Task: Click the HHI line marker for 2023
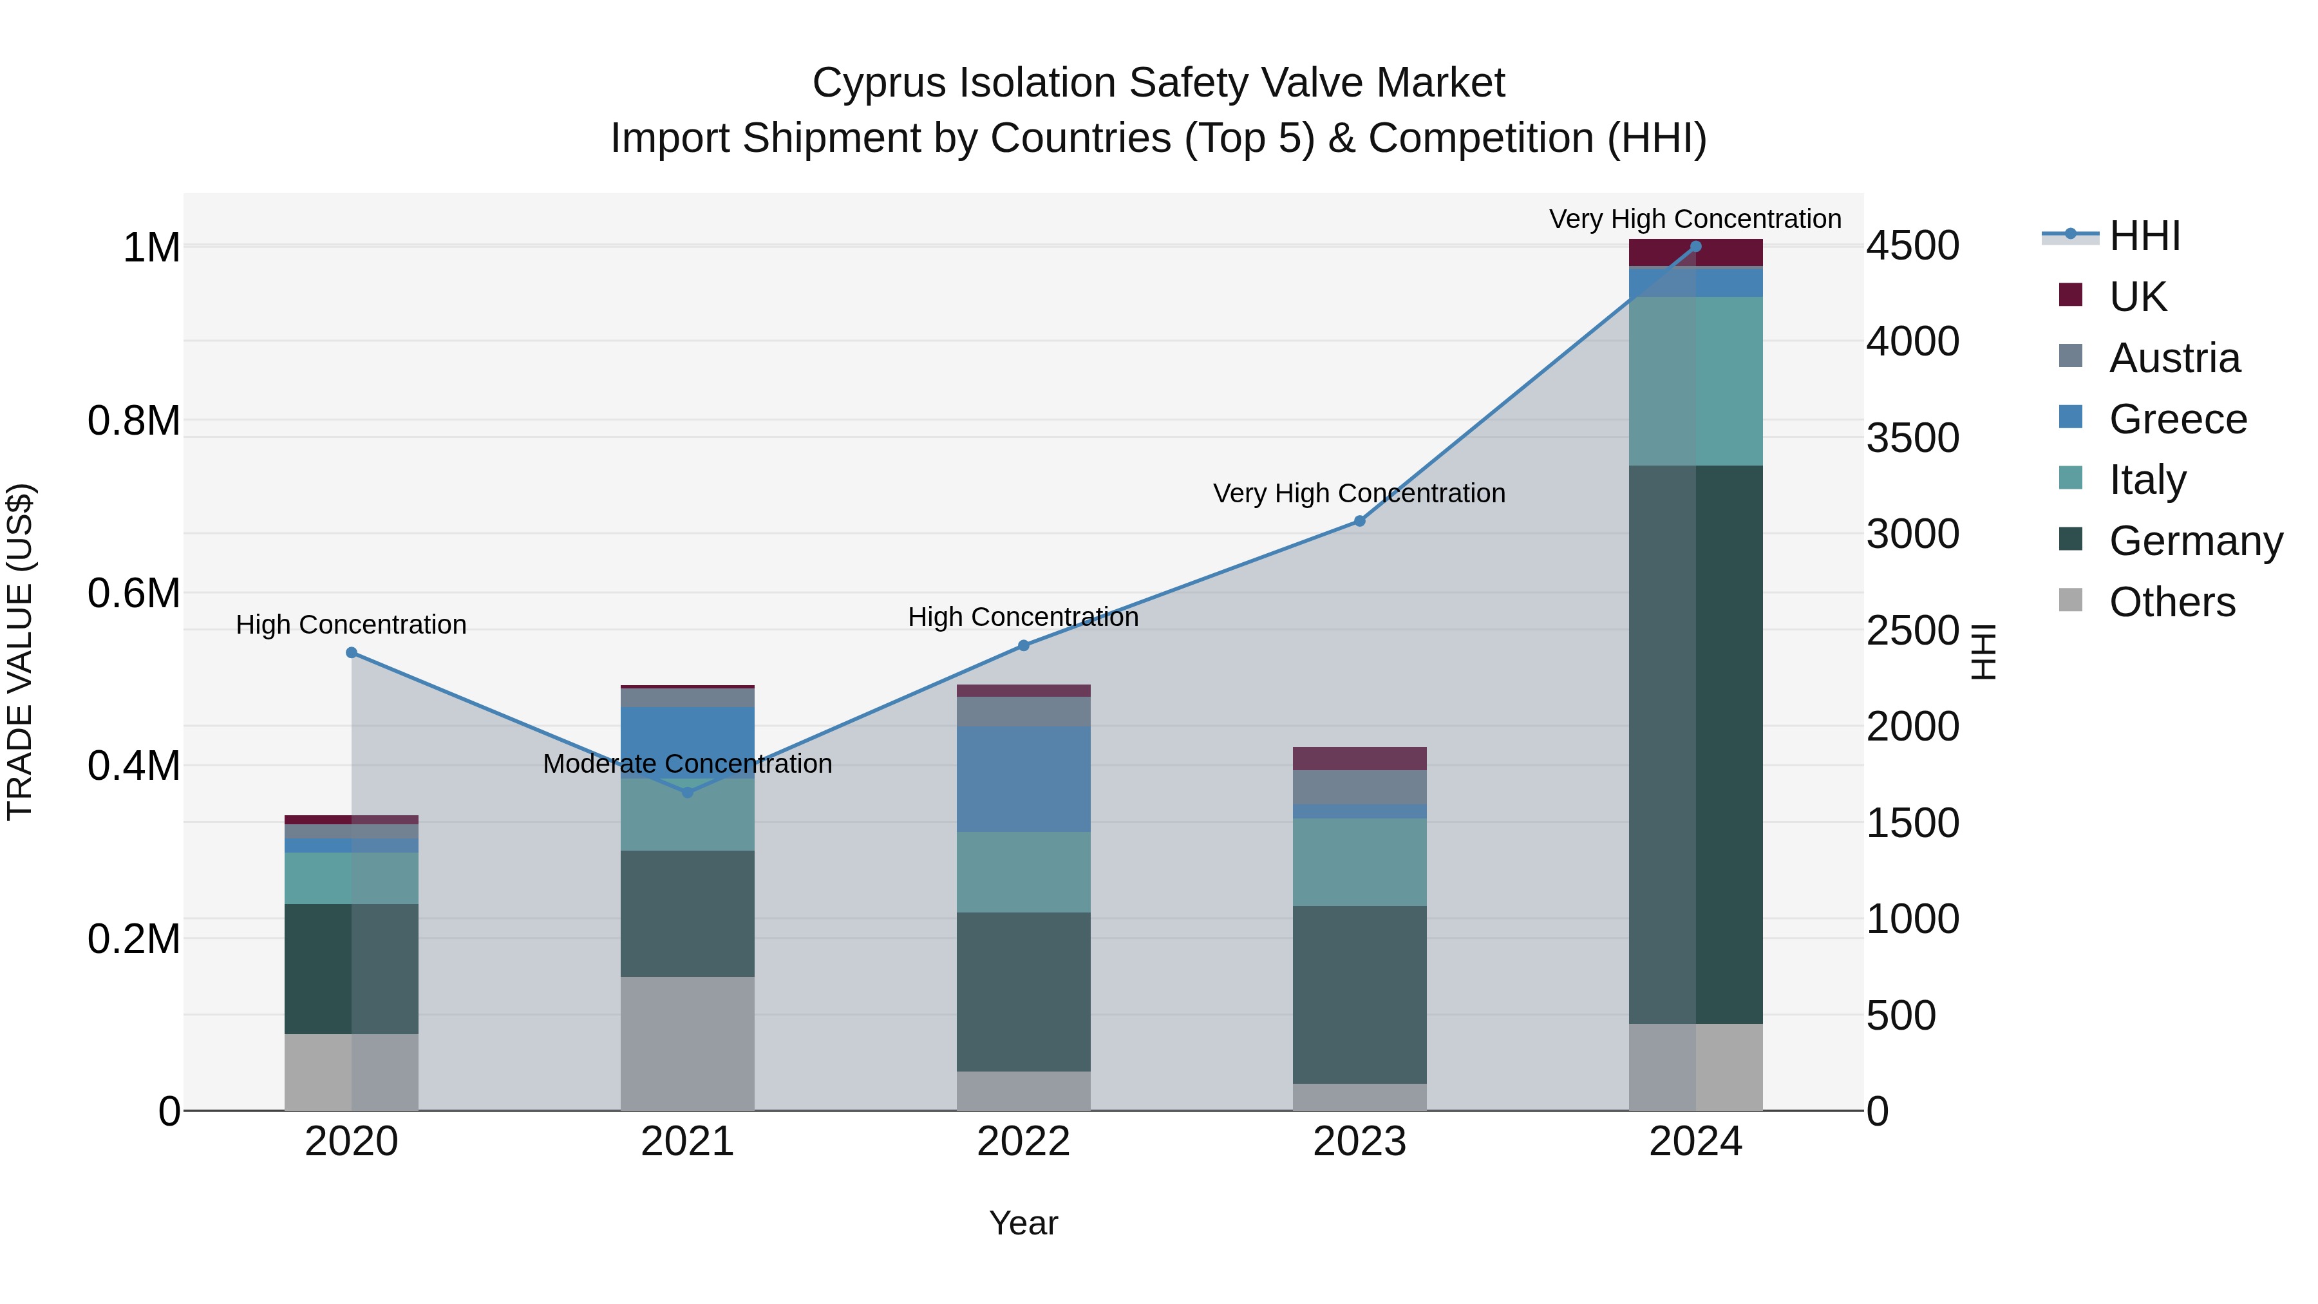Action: click(1359, 521)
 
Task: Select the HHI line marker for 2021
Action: click(688, 792)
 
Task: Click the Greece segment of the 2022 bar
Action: click(1023, 779)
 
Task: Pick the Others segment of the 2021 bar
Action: click(688, 1043)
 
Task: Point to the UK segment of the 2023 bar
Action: click(1359, 759)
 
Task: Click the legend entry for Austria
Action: click(2173, 358)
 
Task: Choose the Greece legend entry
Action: click(2177, 419)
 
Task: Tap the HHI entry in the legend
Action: click(2144, 236)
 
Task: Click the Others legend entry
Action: click(2171, 602)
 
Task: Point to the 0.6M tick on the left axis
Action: click(133, 593)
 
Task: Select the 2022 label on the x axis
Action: click(1023, 1142)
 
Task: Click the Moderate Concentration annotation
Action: click(688, 763)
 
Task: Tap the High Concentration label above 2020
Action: click(351, 625)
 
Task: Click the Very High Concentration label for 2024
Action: click(1695, 219)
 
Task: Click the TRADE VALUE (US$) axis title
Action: click(20, 652)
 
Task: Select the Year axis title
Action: click(1023, 1223)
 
